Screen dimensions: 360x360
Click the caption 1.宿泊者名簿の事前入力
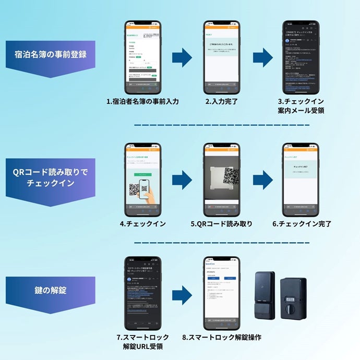pos(142,101)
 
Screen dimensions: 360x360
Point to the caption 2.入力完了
pos(221,101)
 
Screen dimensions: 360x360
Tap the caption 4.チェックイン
pos(142,224)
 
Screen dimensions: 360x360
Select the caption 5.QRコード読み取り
pos(221,224)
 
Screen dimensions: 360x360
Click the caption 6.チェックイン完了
pos(302,224)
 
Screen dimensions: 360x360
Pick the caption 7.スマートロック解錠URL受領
pos(142,342)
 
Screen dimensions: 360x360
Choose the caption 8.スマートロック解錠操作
pos(222,338)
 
